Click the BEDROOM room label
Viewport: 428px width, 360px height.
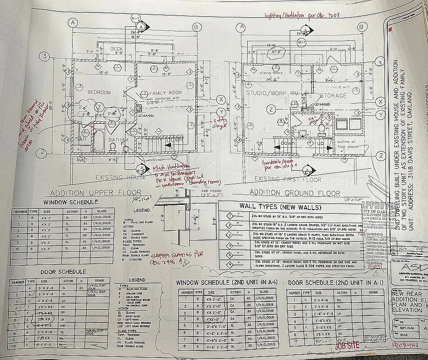coord(99,92)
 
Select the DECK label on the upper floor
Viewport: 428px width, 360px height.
coord(117,49)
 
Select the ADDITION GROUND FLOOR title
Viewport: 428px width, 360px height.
coord(295,193)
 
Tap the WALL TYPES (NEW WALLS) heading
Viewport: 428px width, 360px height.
coord(273,206)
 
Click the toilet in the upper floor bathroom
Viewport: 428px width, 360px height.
coord(112,147)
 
